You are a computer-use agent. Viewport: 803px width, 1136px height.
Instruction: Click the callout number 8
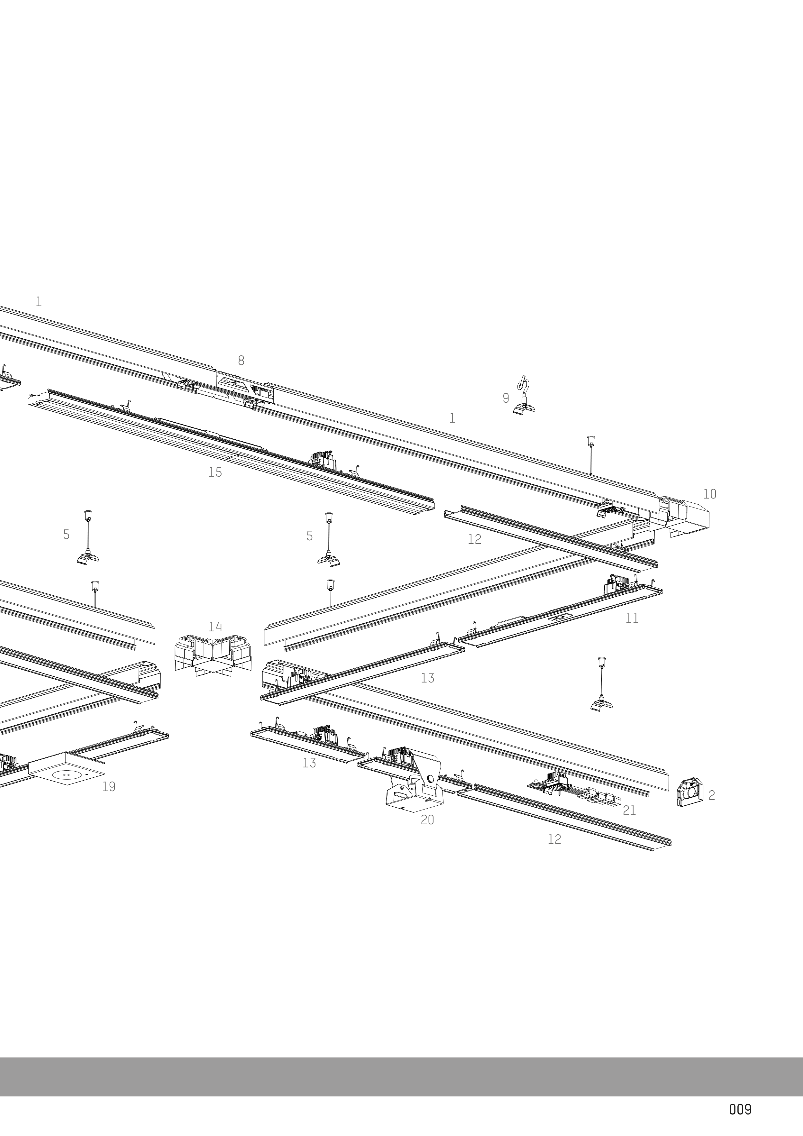241,361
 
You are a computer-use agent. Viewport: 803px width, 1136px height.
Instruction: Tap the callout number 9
506,398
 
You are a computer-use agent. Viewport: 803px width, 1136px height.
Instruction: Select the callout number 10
709,494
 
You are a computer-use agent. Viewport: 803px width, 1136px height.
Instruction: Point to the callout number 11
632,618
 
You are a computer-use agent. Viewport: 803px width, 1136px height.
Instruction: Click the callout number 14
215,627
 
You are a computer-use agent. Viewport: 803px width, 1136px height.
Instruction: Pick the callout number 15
215,472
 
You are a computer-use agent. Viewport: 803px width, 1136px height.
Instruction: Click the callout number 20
427,820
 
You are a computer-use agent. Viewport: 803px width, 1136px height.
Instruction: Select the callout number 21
629,811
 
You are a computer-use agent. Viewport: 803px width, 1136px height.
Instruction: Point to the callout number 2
711,795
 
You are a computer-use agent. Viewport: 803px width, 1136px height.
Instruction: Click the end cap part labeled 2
689,792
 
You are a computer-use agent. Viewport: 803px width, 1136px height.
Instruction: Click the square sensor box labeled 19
67,772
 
